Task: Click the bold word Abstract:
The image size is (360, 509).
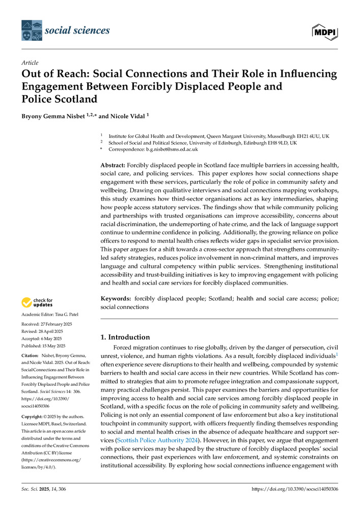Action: coord(112,166)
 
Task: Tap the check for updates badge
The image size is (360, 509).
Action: coord(37,302)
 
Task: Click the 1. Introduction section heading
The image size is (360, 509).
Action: coord(124,336)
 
